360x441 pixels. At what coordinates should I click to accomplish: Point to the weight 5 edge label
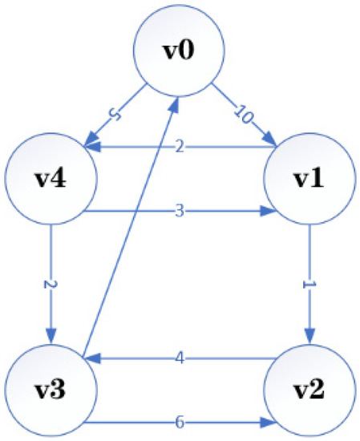pos(115,116)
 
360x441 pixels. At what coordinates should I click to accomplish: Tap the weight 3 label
pos(180,213)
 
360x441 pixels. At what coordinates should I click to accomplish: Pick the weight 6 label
pos(180,421)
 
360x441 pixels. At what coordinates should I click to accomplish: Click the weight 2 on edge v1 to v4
pos(180,147)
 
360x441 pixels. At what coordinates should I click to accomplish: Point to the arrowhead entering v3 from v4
pos(51,340)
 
